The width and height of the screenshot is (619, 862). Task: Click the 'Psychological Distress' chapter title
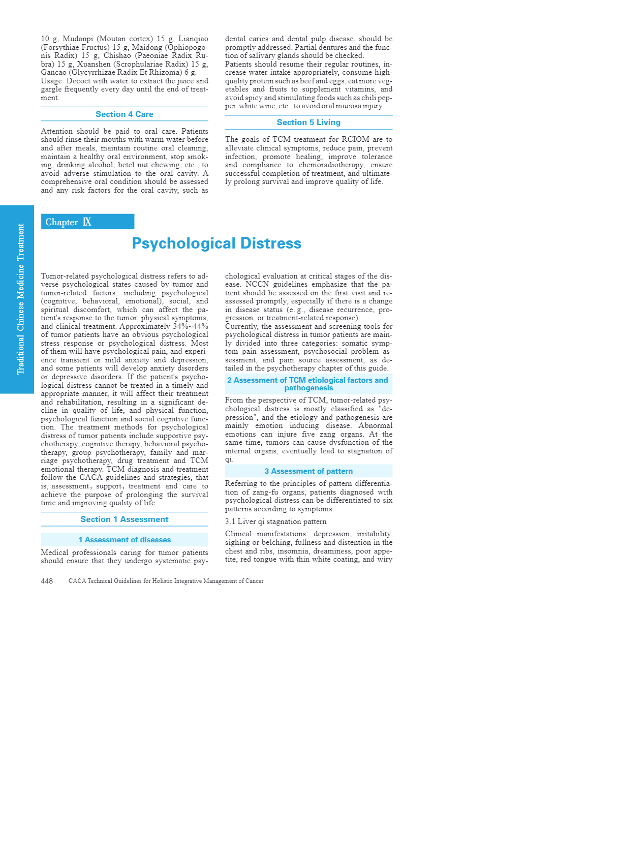pos(216,243)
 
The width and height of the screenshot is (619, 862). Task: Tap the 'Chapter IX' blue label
pos(69,222)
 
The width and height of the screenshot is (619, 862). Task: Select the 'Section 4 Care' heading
pos(125,114)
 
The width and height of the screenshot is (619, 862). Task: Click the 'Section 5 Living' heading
pos(308,122)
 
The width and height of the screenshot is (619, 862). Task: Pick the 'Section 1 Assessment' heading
pos(125,519)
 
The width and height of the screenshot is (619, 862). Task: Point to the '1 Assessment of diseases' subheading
pos(125,540)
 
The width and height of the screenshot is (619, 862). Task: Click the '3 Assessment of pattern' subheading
pos(308,471)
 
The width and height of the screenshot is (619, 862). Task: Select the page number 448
pos(47,581)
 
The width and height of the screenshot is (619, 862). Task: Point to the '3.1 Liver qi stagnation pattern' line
pos(276,521)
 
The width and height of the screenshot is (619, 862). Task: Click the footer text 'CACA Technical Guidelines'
pos(166,581)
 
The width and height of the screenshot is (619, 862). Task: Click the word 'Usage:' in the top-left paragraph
pos(52,81)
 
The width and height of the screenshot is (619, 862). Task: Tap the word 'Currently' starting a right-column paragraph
pos(241,326)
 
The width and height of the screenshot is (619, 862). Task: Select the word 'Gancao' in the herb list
pos(53,72)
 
